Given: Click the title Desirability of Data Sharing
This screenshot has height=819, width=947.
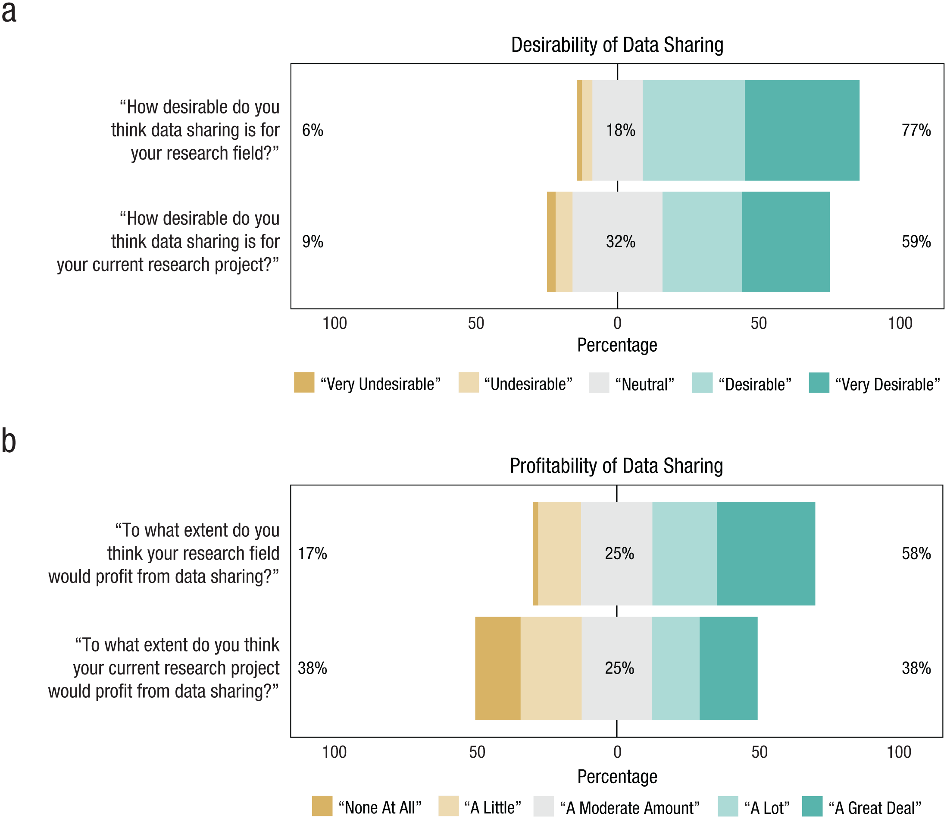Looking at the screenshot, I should [x=617, y=45].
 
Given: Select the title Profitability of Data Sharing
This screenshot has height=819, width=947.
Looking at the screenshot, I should [x=616, y=466].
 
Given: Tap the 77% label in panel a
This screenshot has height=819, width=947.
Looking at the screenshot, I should [x=916, y=130].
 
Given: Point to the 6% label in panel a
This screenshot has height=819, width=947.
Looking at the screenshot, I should [x=313, y=130].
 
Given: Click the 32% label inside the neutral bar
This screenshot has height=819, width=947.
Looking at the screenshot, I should [x=620, y=242].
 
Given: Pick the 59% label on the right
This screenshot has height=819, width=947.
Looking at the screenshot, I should [x=916, y=242].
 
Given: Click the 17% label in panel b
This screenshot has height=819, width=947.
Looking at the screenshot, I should [x=313, y=554].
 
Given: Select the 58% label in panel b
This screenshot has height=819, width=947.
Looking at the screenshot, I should [x=916, y=554].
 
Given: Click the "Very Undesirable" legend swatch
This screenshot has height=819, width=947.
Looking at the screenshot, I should [x=304, y=382].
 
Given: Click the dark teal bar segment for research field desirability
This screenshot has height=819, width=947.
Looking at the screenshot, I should [x=802, y=130].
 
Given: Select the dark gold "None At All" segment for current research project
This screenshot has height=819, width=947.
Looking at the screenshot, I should [x=498, y=668].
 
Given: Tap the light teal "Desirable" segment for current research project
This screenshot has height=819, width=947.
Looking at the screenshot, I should [x=702, y=242].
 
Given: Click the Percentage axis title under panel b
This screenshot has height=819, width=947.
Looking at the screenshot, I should [x=617, y=776].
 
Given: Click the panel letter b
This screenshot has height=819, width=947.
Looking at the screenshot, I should [x=9, y=441].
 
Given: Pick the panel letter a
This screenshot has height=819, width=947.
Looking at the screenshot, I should [x=9, y=12].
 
